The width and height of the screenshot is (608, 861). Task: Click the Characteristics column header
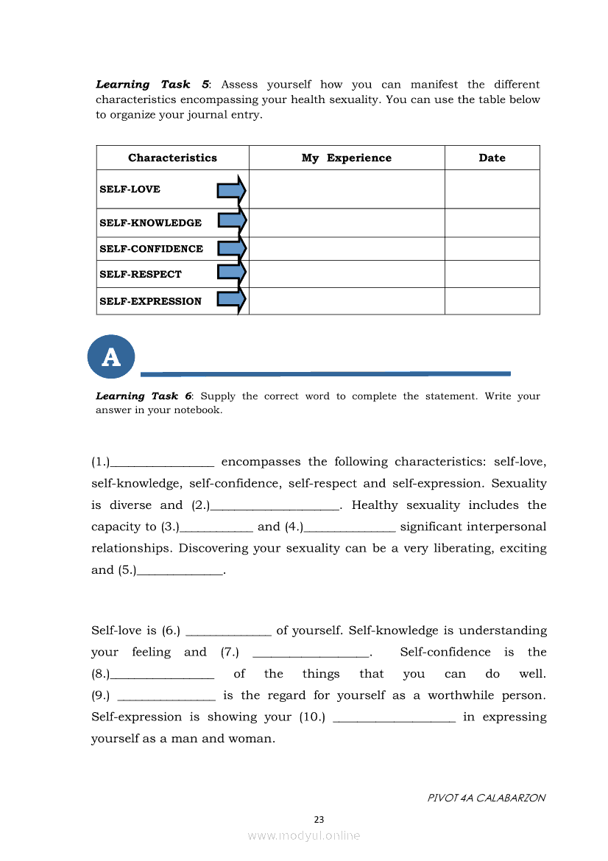172,158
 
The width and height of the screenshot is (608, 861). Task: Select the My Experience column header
347,158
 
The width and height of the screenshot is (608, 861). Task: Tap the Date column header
492,158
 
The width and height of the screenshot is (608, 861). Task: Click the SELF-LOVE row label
130,189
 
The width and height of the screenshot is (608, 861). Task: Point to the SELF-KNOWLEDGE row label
150,222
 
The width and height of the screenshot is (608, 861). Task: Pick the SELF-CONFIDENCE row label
151,249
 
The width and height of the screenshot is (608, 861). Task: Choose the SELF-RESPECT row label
140,274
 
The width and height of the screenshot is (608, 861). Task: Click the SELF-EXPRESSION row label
150,301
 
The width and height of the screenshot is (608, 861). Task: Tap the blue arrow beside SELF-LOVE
231,191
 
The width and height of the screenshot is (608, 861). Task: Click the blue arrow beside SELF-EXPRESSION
231,299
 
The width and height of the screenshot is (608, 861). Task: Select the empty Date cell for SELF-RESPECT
492,274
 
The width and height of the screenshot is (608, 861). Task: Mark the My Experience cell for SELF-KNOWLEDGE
347,222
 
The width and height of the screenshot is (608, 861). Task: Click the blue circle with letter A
111,357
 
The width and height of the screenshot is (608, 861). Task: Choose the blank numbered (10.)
395,718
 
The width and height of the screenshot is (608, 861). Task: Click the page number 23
319,819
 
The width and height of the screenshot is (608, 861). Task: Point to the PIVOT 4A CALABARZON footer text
486,798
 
